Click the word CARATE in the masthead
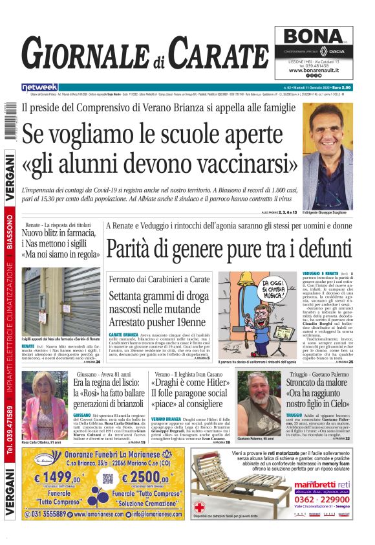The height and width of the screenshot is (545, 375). [x=219, y=54]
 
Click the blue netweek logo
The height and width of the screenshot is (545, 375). [x=39, y=87]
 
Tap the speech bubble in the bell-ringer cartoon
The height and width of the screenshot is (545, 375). [x=279, y=285]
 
